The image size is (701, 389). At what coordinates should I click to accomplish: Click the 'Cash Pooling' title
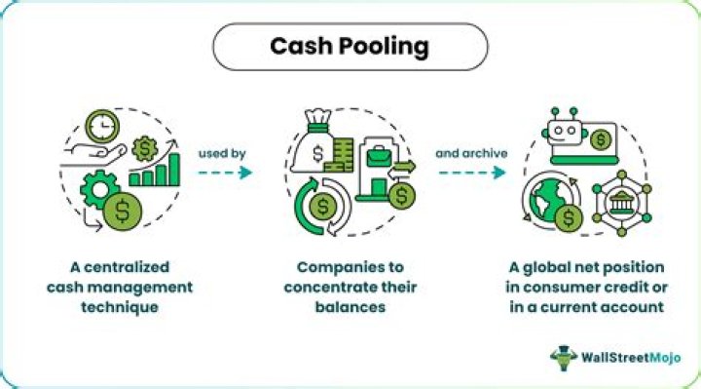350,46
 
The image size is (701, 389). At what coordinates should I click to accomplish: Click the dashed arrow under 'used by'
226,173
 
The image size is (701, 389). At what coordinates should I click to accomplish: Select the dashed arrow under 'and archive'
471,173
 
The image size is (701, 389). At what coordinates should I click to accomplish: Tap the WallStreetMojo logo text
635,356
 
